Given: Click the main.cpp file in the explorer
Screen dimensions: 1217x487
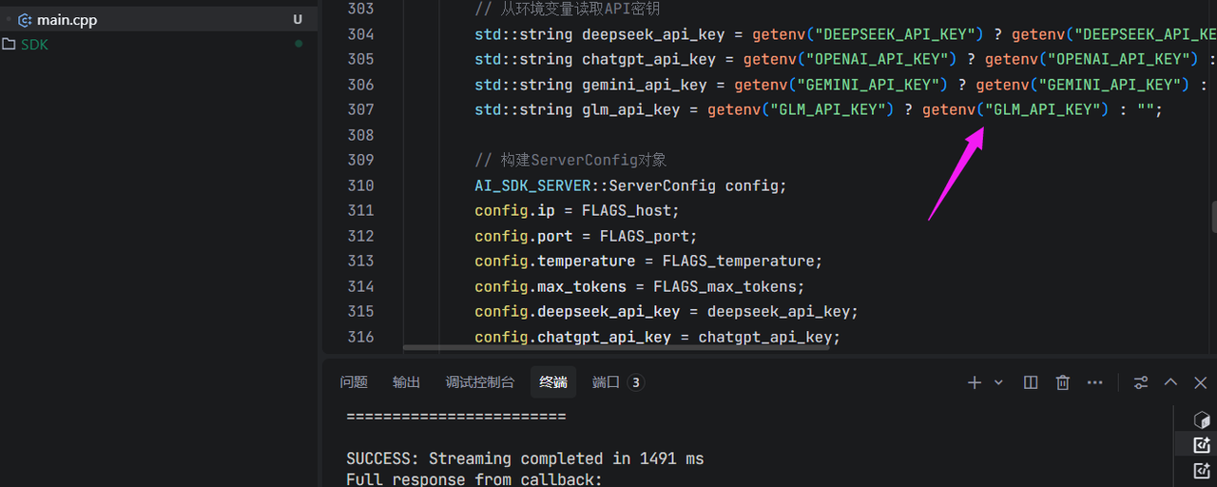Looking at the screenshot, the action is point(67,20).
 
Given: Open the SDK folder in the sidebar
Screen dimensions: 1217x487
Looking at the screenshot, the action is point(34,45).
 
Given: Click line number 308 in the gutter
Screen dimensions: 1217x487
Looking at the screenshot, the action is point(360,135).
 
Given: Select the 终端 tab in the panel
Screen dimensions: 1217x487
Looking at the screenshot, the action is point(553,382).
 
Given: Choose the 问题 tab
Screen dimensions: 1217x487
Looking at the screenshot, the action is point(354,382).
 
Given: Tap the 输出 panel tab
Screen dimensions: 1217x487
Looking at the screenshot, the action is point(406,382).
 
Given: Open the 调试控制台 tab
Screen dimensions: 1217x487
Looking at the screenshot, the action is point(480,382).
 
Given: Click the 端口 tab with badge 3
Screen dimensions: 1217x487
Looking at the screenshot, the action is point(618,382).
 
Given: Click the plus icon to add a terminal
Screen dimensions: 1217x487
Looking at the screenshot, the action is point(975,382).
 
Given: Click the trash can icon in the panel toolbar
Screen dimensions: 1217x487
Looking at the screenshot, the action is point(1063,382).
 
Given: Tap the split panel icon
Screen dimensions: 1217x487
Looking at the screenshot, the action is point(1030,382).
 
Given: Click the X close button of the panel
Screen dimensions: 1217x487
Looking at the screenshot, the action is point(1200,382).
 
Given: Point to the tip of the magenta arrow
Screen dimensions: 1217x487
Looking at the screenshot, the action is point(983,127).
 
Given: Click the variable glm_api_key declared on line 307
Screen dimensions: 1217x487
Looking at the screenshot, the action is point(630,109).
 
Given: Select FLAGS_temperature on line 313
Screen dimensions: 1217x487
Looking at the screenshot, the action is point(738,261).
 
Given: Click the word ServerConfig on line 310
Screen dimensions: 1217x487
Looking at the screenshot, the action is point(662,185).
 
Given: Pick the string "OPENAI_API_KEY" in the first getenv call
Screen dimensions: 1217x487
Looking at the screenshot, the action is point(878,59).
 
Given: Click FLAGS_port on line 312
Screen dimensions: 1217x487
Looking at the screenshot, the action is point(645,236).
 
